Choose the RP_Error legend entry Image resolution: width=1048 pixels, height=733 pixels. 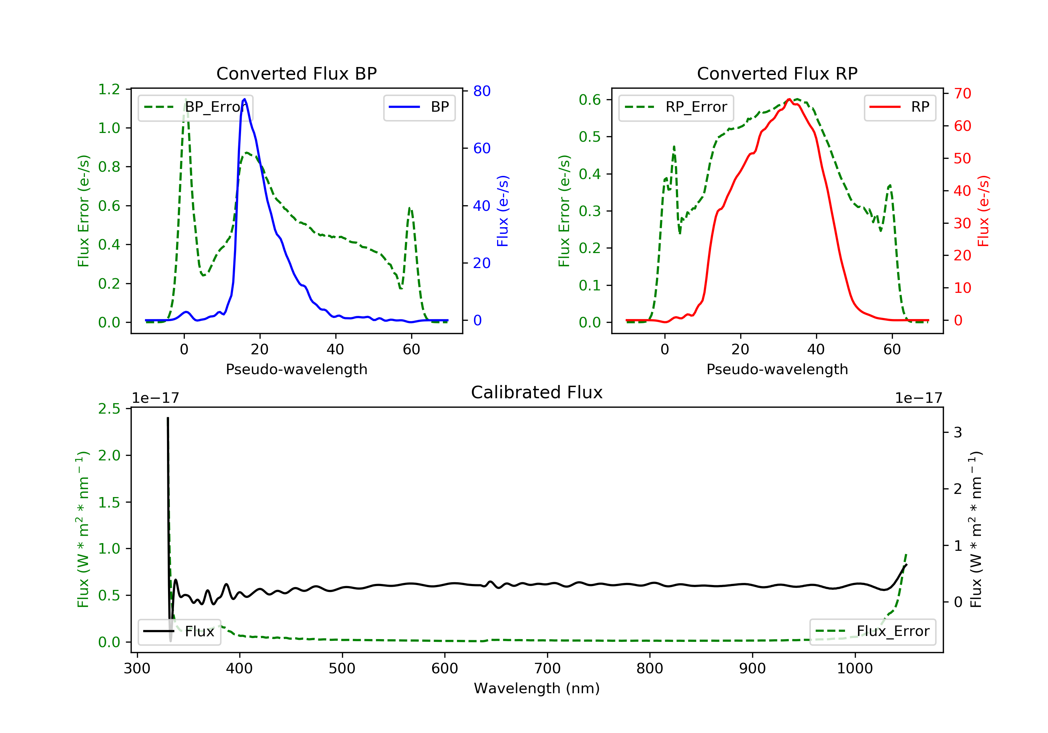tap(676, 107)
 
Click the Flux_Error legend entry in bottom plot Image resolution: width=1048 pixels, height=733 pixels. tap(873, 631)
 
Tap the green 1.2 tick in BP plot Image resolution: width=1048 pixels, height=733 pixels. tap(109, 89)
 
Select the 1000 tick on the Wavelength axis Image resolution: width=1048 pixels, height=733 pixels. tap(854, 669)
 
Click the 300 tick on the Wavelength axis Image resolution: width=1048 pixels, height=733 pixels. tap(137, 669)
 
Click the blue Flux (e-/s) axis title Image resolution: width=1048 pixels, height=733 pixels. tap(503, 211)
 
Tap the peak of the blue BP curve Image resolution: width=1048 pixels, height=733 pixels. tap(245, 99)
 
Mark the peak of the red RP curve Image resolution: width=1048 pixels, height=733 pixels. tap(789, 99)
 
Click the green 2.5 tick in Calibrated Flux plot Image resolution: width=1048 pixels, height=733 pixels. tap(109, 409)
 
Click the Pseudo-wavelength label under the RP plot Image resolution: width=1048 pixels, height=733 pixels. tap(777, 369)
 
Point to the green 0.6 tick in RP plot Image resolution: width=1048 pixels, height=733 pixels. tap(590, 100)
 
